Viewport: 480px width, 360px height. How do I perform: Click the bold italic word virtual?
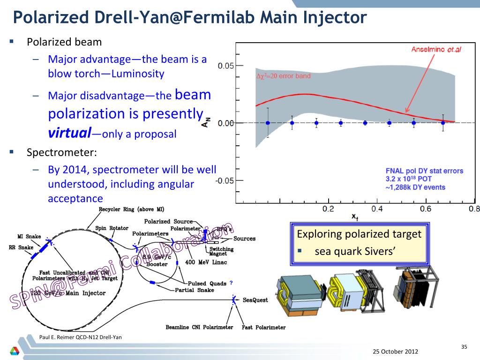(x=69, y=133)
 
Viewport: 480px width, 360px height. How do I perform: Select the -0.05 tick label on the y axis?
(x=224, y=180)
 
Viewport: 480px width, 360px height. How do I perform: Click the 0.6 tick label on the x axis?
(x=426, y=209)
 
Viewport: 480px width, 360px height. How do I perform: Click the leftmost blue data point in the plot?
(x=268, y=123)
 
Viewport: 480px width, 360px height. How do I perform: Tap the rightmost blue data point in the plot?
(x=443, y=123)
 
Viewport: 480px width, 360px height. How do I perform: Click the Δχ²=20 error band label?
(x=283, y=76)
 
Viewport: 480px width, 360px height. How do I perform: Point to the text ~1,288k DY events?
(x=412, y=187)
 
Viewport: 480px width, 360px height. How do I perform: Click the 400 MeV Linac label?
(x=206, y=262)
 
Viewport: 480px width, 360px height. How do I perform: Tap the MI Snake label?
(x=29, y=236)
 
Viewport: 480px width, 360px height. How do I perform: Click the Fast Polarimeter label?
(x=263, y=327)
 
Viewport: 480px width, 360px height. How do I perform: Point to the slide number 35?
(x=464, y=347)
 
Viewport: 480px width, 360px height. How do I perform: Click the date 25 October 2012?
(x=396, y=352)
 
